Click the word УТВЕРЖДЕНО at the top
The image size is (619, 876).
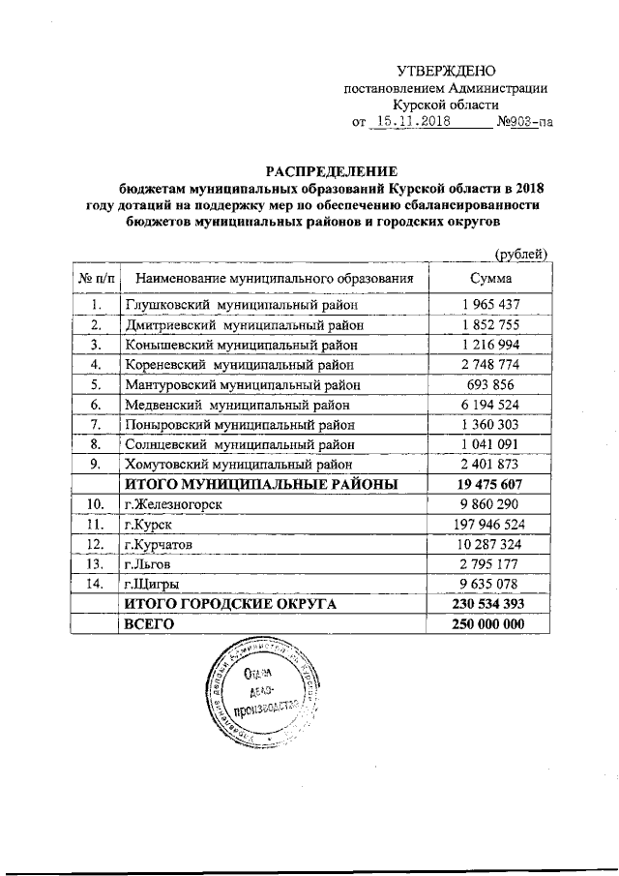tap(446, 72)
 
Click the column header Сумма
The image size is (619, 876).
tap(490, 278)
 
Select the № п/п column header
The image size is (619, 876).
tap(95, 278)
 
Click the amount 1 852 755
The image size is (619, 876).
tap(490, 324)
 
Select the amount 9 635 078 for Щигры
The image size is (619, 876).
tap(490, 585)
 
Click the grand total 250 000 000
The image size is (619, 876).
tap(490, 625)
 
